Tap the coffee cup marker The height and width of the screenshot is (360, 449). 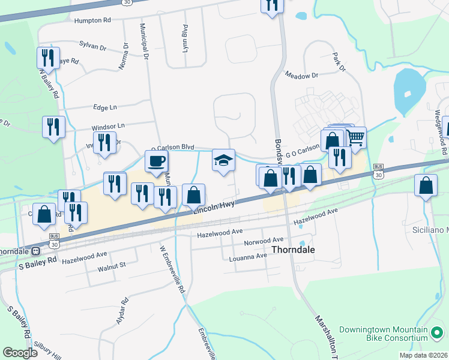(x=157, y=161)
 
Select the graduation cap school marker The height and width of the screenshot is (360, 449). (x=223, y=160)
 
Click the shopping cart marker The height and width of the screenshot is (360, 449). (x=355, y=138)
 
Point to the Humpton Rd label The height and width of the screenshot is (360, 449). (x=92, y=20)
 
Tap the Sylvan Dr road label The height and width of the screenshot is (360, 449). (x=92, y=45)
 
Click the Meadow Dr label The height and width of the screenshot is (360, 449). (x=301, y=76)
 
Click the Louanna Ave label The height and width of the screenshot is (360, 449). (x=248, y=256)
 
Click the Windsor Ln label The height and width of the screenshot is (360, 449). (x=107, y=127)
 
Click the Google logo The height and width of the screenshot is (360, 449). (x=20, y=353)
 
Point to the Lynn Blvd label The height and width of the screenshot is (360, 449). (x=185, y=37)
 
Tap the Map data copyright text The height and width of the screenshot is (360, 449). (x=423, y=355)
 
